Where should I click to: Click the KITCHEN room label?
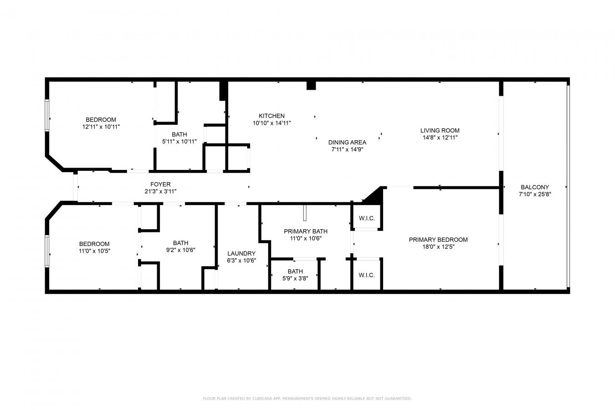(x=272, y=116)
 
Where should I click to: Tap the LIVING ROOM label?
(x=440, y=130)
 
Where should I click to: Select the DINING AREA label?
(x=347, y=142)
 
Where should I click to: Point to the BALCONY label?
(x=535, y=187)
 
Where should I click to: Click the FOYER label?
(x=160, y=184)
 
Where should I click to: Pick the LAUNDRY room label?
(x=241, y=253)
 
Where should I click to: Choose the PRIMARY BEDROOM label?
(x=438, y=240)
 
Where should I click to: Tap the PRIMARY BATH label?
(x=306, y=231)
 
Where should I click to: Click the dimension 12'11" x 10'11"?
(x=101, y=127)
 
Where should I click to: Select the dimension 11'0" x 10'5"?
(x=94, y=251)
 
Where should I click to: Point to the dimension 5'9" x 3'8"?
(x=295, y=278)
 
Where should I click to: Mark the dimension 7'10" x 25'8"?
(x=535, y=194)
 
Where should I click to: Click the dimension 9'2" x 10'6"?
(x=181, y=250)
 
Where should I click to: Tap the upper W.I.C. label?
(x=367, y=218)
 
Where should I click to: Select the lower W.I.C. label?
(x=367, y=275)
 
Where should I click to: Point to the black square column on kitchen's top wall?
(x=311, y=85)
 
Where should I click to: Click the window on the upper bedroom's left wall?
(x=47, y=115)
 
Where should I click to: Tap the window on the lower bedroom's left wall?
(x=47, y=251)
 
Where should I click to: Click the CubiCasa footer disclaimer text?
(x=307, y=399)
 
